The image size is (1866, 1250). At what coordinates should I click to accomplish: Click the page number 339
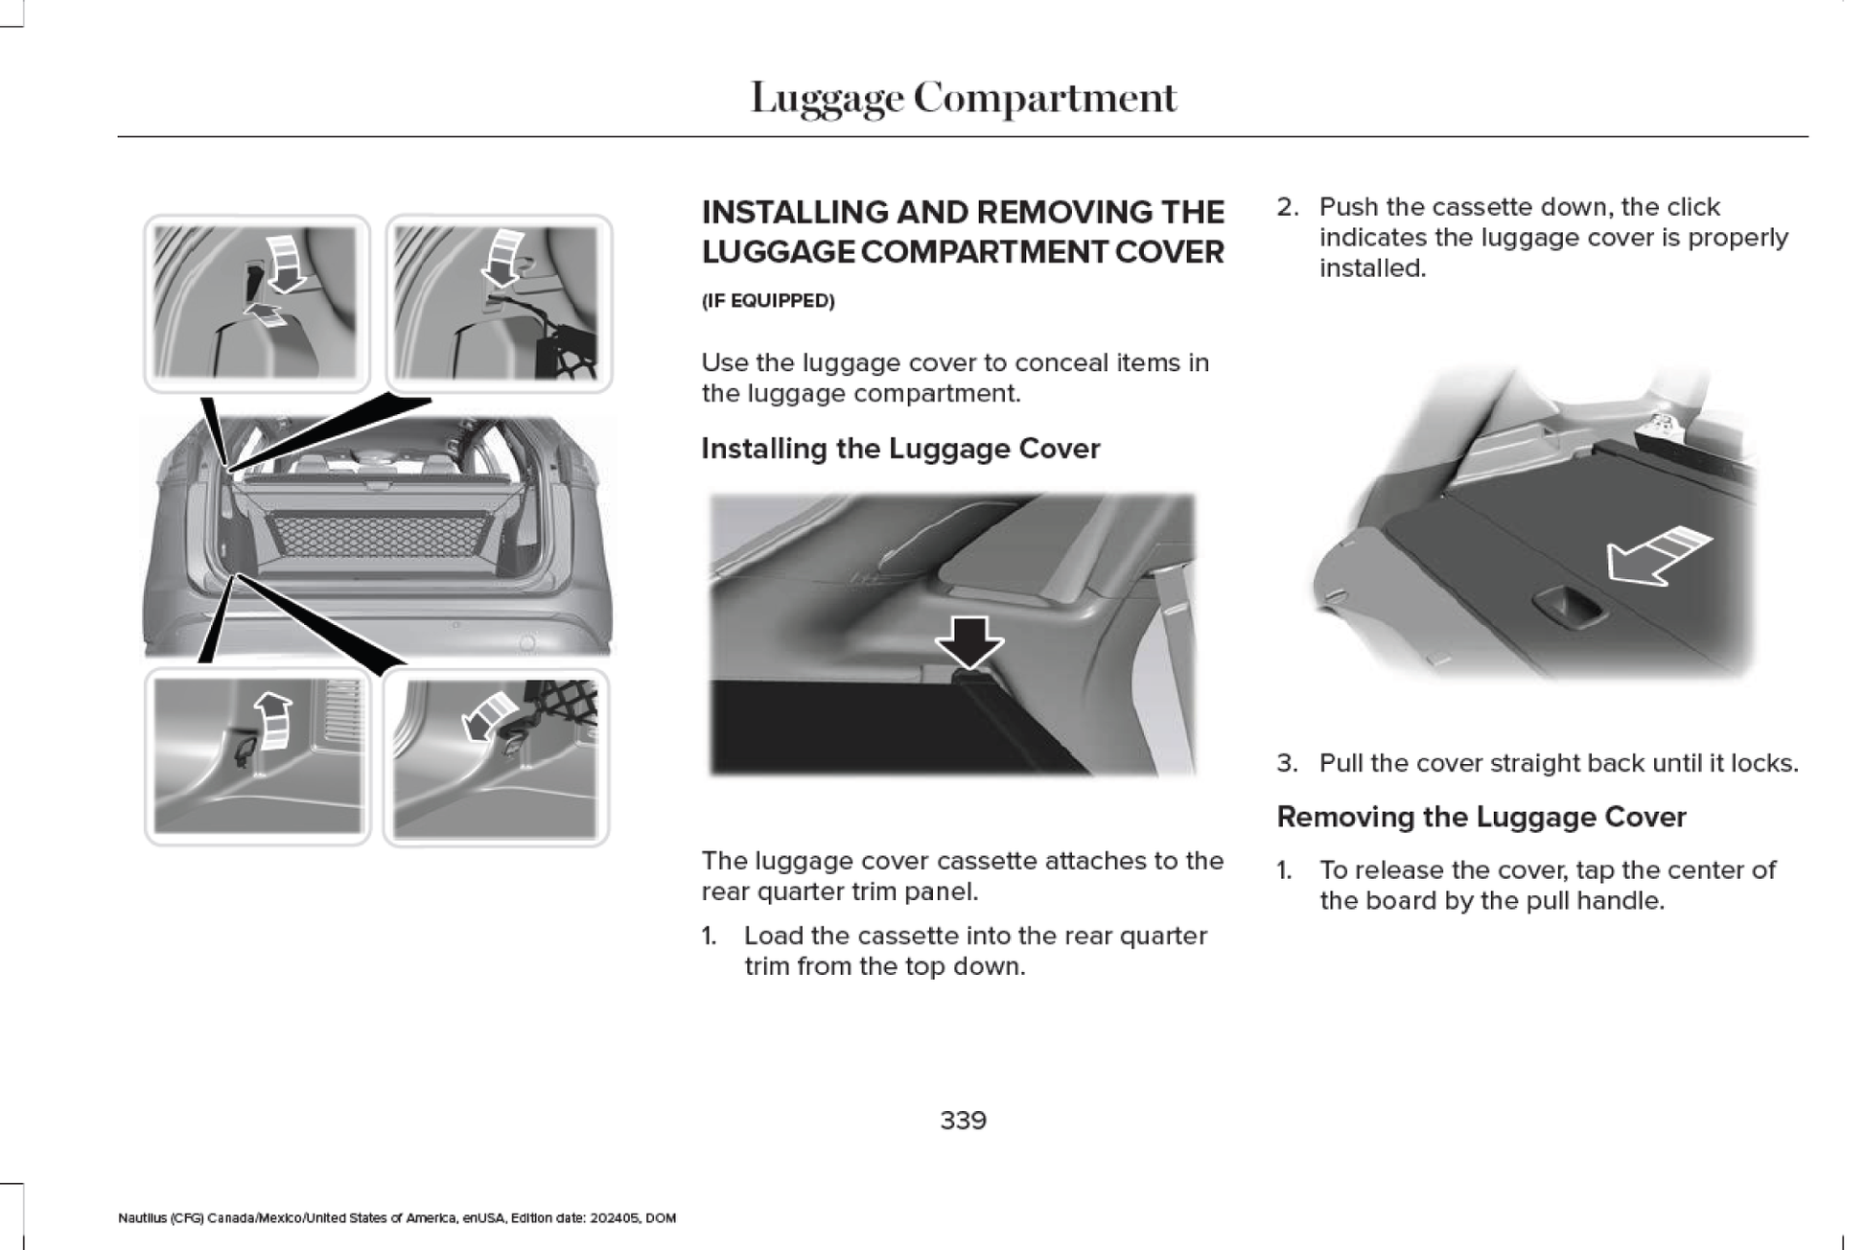coord(963,1120)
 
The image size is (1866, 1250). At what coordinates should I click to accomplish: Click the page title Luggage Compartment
coord(963,98)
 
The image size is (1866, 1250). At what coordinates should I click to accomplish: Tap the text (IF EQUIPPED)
coord(768,301)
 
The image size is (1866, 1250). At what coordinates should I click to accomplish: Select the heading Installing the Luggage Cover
coord(900,449)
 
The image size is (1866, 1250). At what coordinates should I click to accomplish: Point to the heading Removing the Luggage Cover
coord(1481,817)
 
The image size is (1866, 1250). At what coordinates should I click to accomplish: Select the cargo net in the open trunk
coord(380,533)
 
